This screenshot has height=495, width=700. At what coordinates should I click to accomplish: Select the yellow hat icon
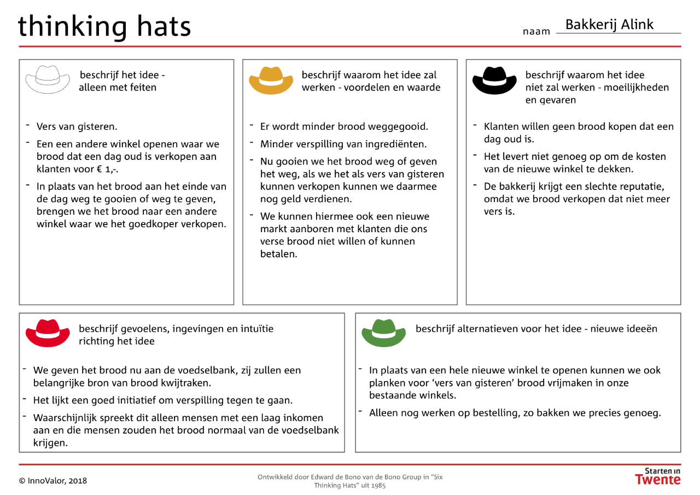point(271,80)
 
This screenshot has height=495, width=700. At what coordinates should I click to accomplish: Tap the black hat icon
point(494,80)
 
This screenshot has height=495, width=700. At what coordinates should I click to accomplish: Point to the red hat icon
point(48,333)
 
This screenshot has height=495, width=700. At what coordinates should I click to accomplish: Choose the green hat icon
point(384,333)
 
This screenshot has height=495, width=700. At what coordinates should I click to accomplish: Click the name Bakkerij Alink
point(609,25)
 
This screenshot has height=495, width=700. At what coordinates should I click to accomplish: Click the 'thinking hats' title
point(104,26)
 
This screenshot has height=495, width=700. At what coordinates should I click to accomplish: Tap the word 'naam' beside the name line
point(536,32)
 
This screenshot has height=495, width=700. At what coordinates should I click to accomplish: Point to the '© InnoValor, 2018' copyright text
point(53,481)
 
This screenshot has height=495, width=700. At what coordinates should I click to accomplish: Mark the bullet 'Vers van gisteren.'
point(77,126)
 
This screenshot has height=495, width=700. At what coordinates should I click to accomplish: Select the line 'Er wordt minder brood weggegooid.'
point(344,126)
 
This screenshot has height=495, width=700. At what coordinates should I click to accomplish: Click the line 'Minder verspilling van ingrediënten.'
point(343,144)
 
